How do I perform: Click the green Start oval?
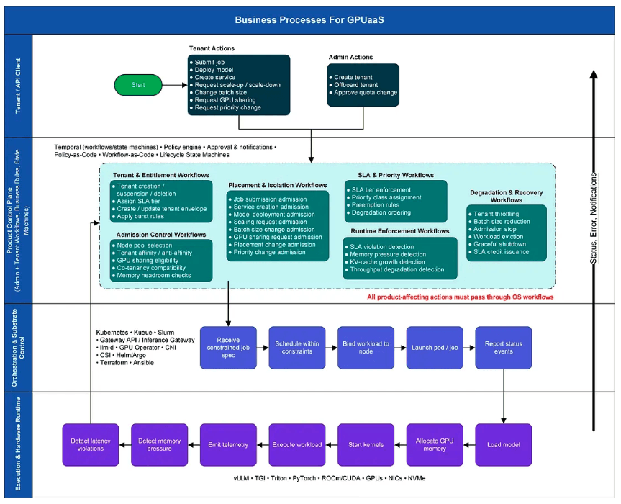tap(138, 85)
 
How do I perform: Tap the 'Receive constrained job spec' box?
tap(227, 348)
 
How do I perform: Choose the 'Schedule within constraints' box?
tap(296, 348)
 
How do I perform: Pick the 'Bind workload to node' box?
tap(366, 348)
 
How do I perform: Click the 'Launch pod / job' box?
tap(435, 348)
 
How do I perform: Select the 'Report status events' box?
tap(504, 348)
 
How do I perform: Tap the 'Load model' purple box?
tap(504, 444)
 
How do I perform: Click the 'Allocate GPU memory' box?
tap(435, 444)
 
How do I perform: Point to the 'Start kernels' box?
tap(366, 444)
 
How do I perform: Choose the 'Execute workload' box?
tap(296, 444)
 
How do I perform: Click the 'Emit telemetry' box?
tap(227, 444)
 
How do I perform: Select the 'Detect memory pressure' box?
tap(159, 444)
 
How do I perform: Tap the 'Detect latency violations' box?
tap(91, 444)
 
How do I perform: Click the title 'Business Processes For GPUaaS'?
tap(309, 19)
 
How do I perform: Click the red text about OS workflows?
tap(460, 297)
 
